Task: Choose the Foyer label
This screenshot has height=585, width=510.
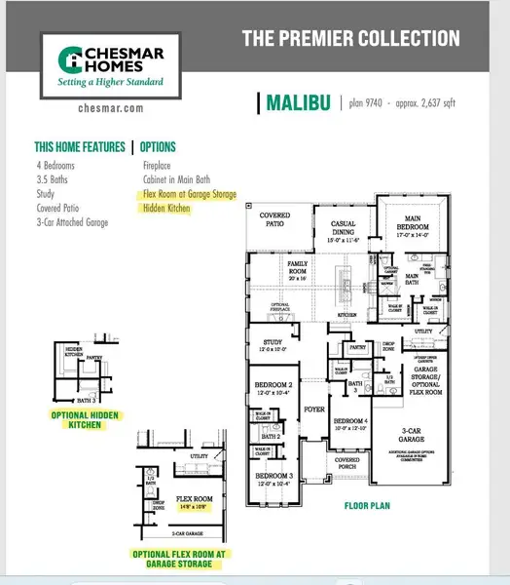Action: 313,409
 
